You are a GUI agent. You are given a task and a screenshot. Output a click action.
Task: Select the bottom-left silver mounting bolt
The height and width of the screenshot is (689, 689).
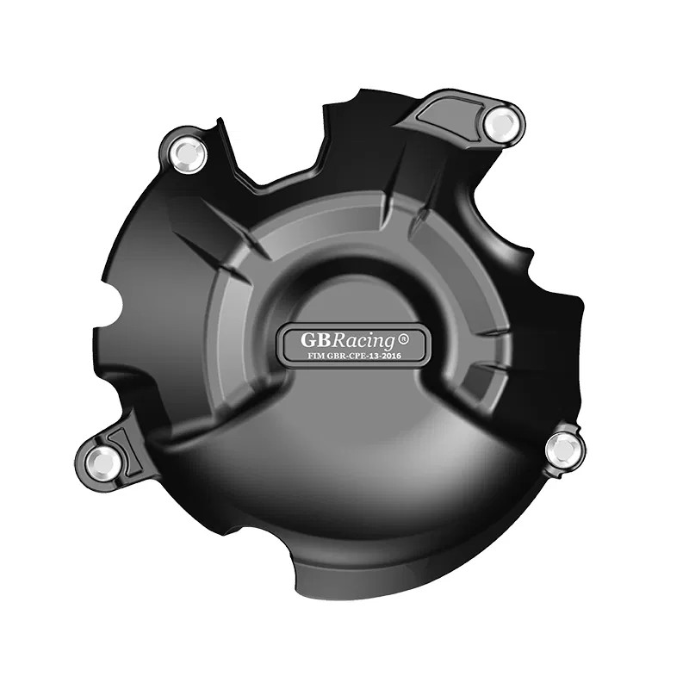106,462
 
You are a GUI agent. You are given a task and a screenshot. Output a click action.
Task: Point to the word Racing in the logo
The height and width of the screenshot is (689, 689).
354,338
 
